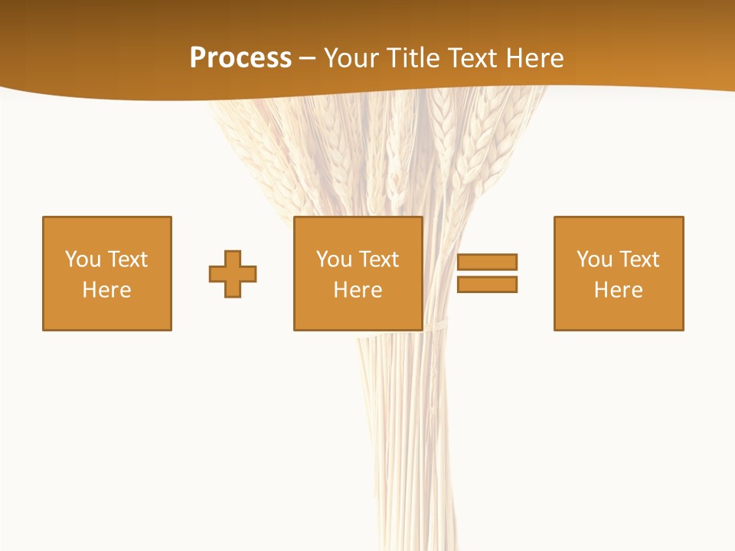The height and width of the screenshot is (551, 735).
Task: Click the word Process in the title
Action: (240, 58)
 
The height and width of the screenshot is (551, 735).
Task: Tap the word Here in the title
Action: (537, 58)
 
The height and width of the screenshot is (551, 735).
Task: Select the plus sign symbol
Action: (233, 274)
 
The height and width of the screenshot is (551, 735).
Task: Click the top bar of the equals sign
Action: (487, 262)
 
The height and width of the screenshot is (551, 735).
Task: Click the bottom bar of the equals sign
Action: (487, 284)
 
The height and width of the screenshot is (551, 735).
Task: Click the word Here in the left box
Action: (107, 290)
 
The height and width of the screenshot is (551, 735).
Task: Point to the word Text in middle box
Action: (378, 259)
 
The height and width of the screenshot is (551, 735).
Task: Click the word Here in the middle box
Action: (358, 290)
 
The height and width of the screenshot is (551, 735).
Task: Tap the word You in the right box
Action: (595, 259)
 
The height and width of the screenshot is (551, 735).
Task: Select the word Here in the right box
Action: (619, 290)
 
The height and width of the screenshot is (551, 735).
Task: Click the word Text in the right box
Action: (639, 259)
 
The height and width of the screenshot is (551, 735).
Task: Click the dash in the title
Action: (308, 59)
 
